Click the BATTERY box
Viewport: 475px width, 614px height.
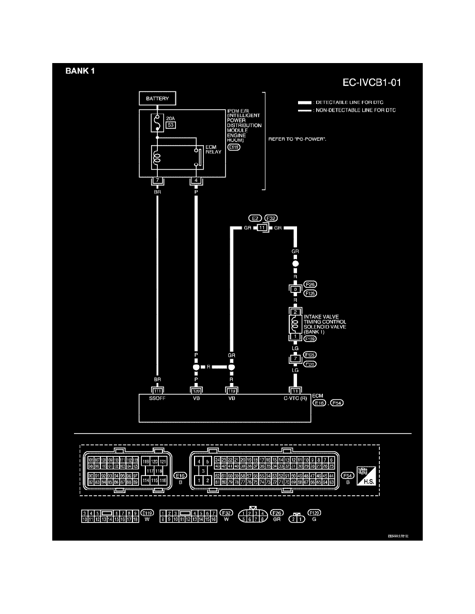point(157,98)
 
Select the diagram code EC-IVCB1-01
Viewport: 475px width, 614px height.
point(372,82)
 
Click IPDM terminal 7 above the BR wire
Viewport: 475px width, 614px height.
point(157,180)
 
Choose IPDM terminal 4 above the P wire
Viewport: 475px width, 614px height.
point(196,180)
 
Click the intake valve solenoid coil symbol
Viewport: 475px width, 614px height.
point(295,324)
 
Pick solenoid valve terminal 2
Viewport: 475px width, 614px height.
point(295,312)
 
